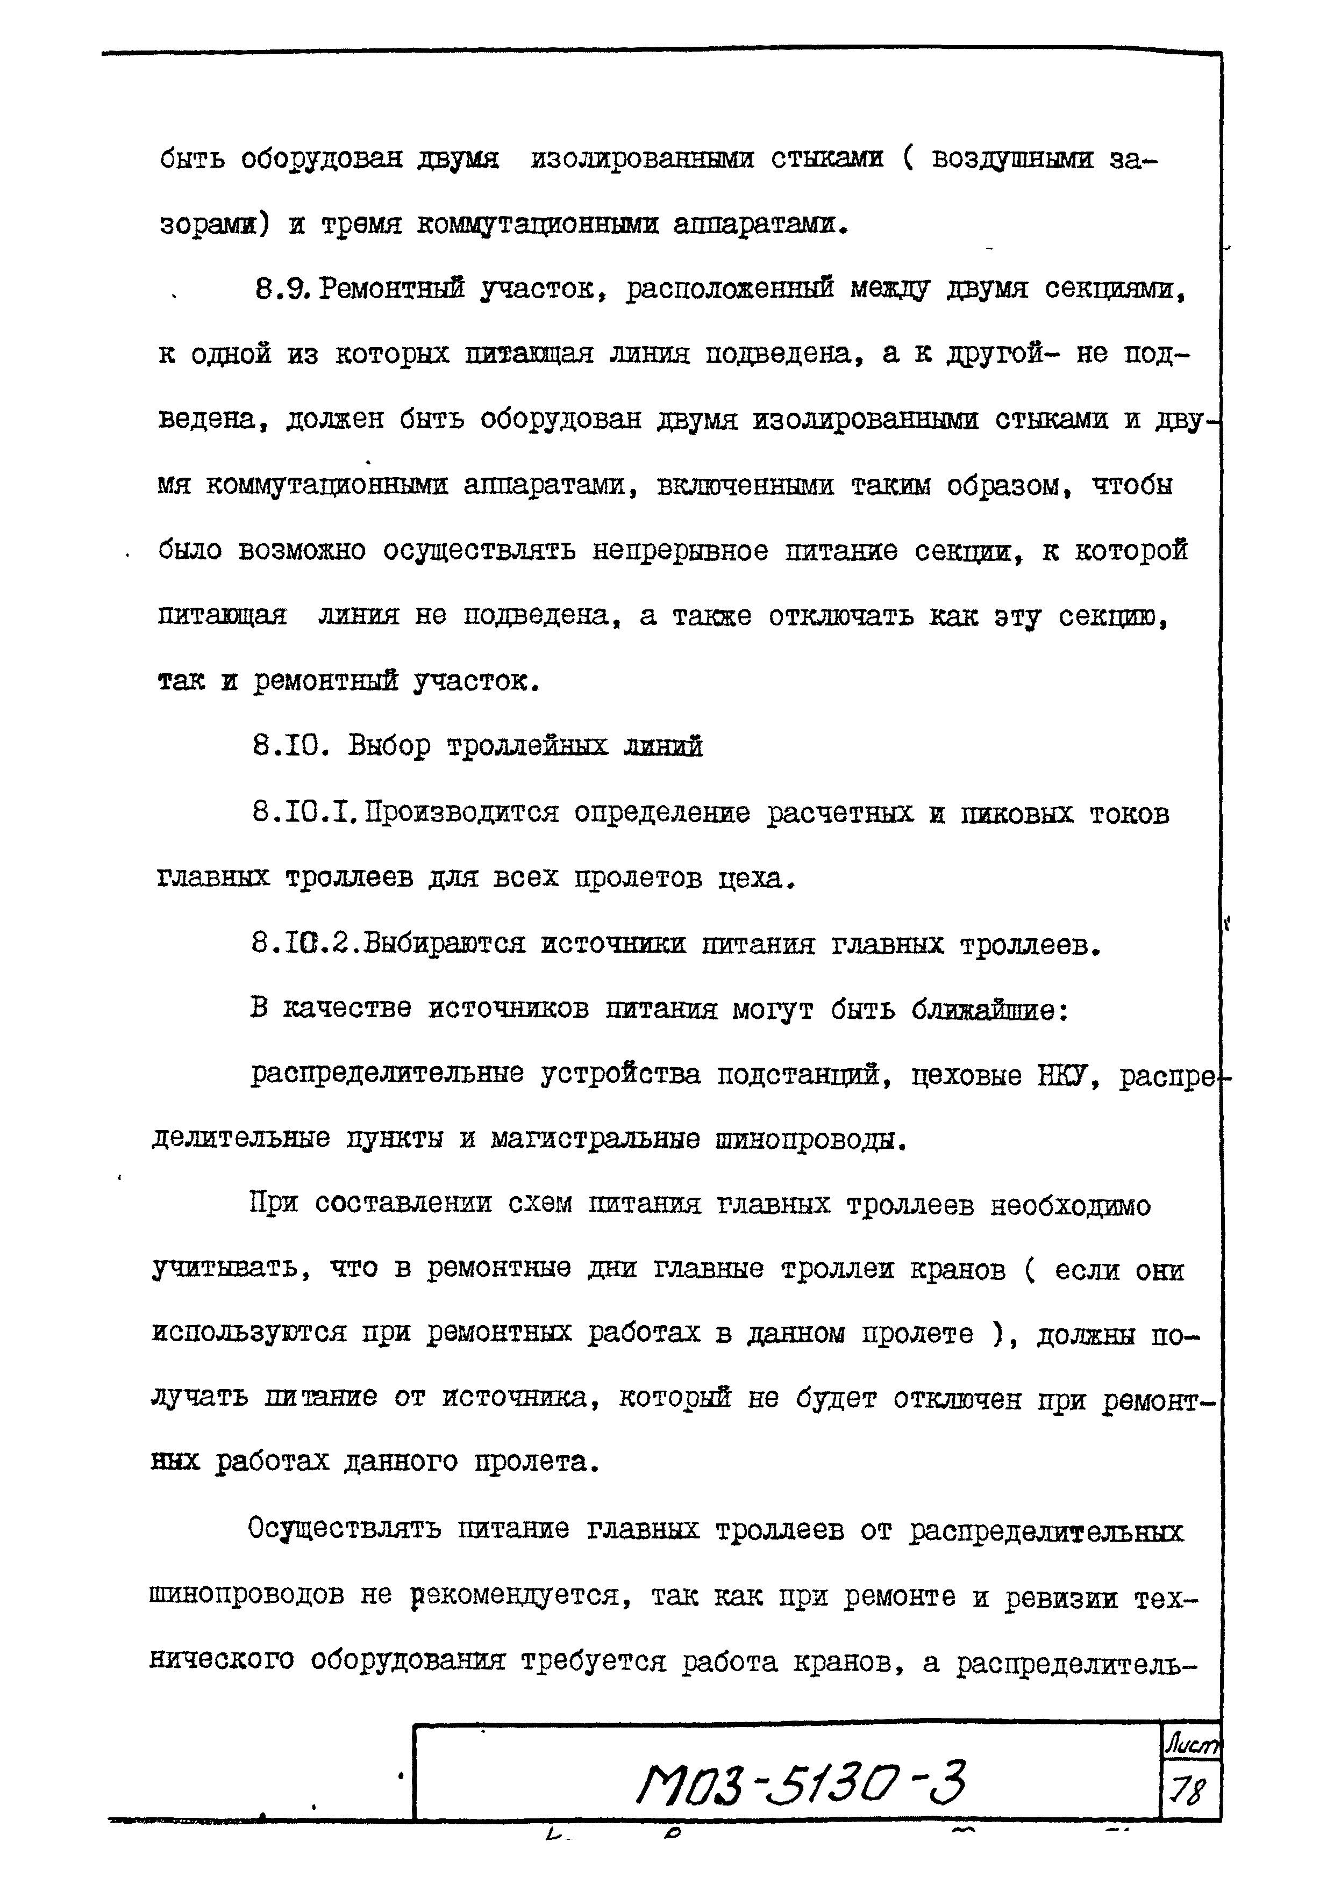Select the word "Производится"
[462, 813]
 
